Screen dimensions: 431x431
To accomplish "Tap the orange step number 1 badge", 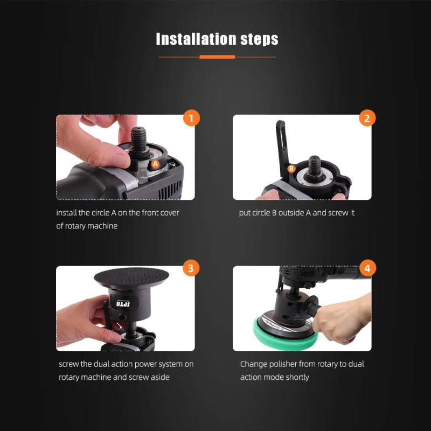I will point(191,118).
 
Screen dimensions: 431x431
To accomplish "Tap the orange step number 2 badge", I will point(367,118).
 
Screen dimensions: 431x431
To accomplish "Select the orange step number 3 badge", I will point(191,268).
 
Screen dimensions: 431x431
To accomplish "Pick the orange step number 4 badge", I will point(367,268).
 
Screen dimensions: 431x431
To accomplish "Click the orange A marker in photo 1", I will point(155,163).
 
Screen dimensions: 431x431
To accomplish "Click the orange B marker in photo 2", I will point(291,169).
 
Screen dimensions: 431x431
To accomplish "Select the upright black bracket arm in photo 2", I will point(281,142).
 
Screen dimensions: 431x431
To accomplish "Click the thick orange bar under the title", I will point(217,57).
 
